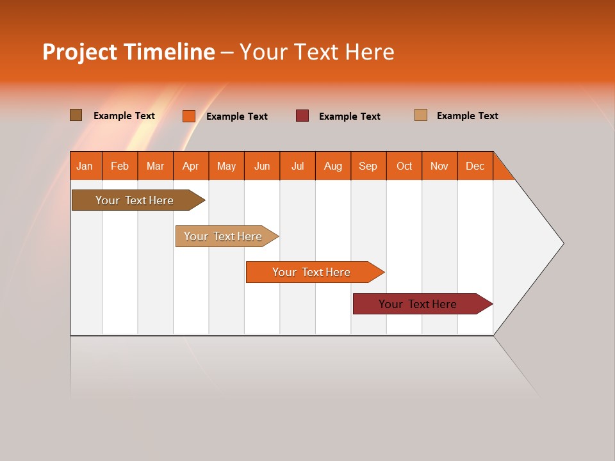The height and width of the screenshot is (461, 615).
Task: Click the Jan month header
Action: point(85,166)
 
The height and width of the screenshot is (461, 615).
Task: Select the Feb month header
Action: point(120,166)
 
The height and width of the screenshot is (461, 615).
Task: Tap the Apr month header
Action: point(191,166)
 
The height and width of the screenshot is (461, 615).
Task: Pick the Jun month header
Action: point(262,166)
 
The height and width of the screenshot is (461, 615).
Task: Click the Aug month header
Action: point(333,166)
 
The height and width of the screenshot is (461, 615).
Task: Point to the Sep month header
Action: point(368,166)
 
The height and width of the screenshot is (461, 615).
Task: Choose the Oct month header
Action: point(404,166)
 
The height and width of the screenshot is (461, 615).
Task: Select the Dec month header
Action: point(475,166)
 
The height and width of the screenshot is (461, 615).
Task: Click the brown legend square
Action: point(76,115)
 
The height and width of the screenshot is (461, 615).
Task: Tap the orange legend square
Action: point(189,116)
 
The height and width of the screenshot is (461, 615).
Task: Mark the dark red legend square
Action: point(302,116)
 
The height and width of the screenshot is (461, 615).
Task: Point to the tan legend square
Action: point(421,115)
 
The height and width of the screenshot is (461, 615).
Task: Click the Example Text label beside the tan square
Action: point(467,116)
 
